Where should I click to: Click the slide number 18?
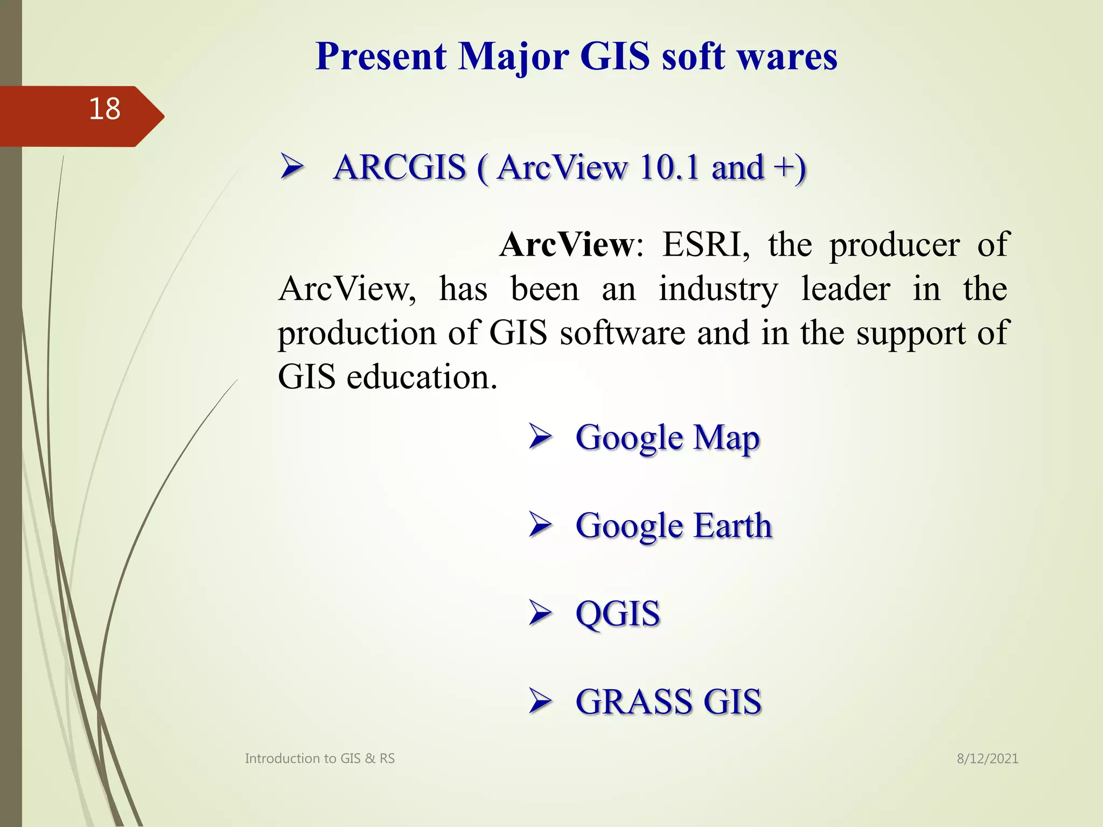pyautogui.click(x=104, y=109)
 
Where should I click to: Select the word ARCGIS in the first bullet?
pyautogui.click(x=399, y=167)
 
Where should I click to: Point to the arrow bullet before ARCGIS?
pyautogui.click(x=292, y=168)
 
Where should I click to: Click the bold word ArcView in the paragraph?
pyautogui.click(x=567, y=245)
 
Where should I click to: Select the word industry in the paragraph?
pyautogui.click(x=718, y=290)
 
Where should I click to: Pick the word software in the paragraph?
pyautogui.click(x=622, y=333)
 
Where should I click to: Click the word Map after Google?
pyautogui.click(x=726, y=438)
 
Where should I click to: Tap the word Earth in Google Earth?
pyautogui.click(x=732, y=525)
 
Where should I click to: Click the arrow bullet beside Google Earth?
pyautogui.click(x=540, y=525)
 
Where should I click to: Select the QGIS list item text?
pyautogui.click(x=617, y=614)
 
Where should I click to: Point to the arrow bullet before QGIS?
pyautogui.click(x=540, y=613)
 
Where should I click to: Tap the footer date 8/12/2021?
pyautogui.click(x=987, y=759)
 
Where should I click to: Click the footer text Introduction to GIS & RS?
pyautogui.click(x=320, y=759)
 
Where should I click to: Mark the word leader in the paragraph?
pyautogui.click(x=845, y=289)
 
